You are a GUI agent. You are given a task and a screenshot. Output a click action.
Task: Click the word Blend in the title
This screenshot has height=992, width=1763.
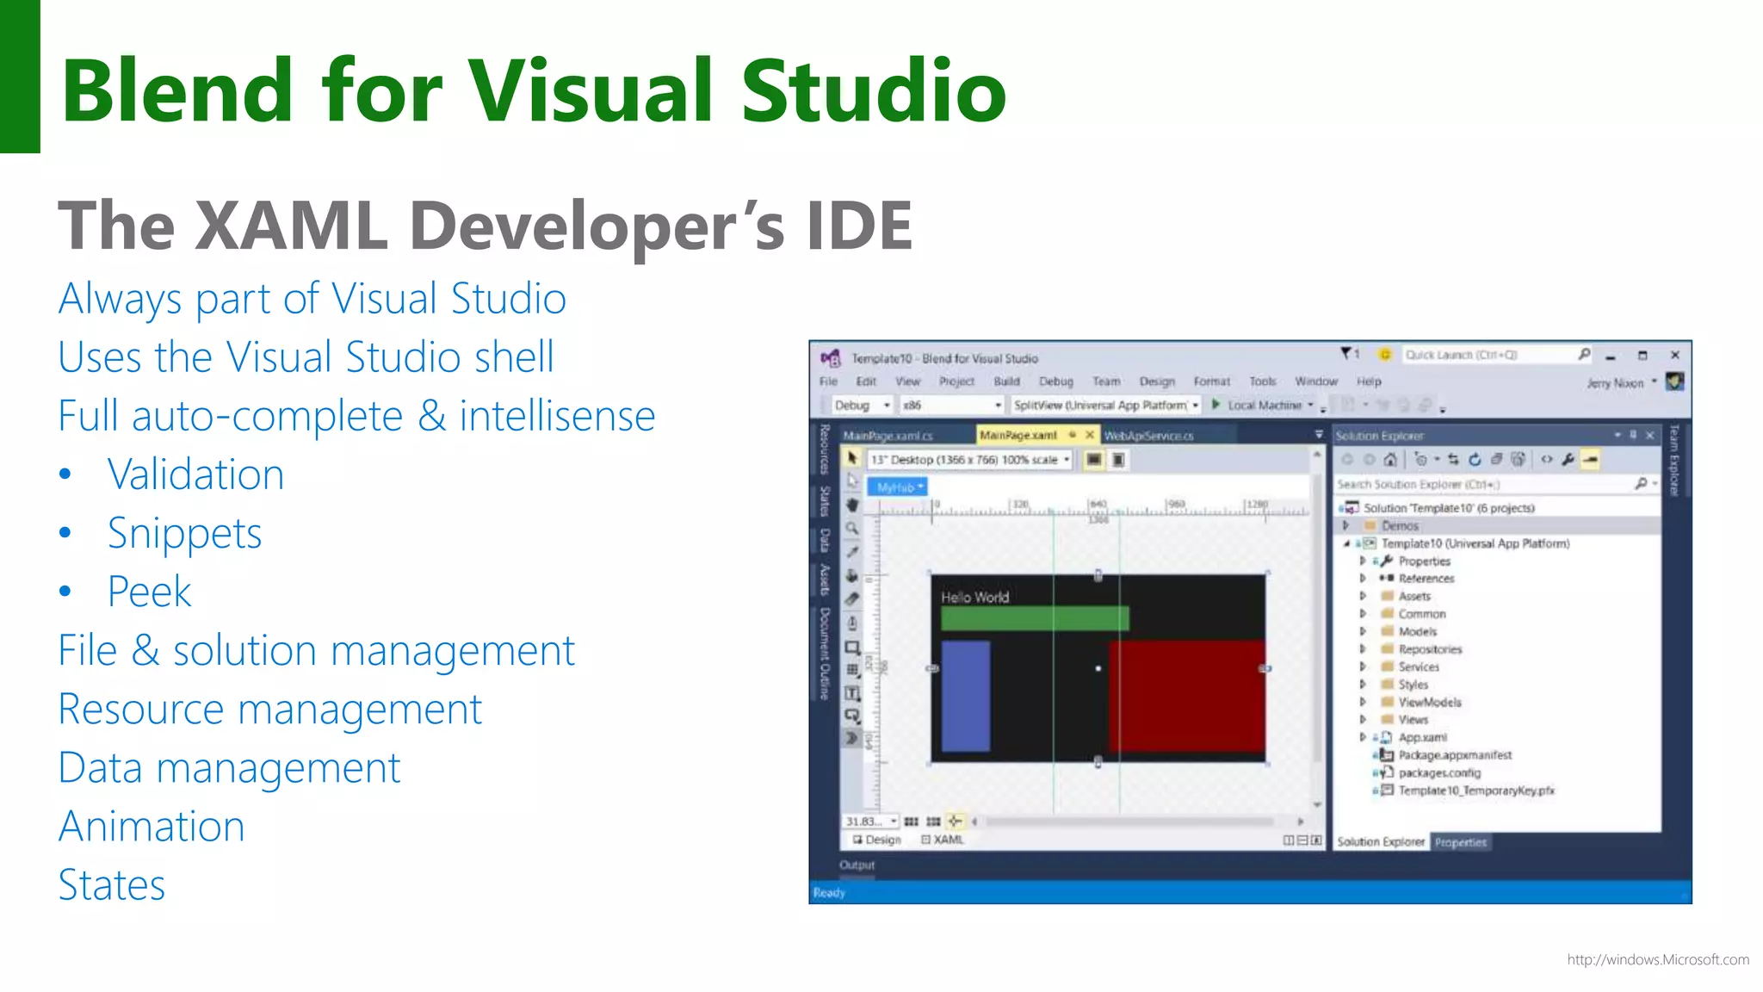coord(177,90)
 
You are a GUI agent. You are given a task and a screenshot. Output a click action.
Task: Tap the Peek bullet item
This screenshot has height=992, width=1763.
coord(149,592)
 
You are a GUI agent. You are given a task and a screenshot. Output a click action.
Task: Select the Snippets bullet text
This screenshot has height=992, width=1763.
coord(184,533)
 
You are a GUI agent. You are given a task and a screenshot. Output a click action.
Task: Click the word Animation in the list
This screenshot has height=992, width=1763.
coord(152,827)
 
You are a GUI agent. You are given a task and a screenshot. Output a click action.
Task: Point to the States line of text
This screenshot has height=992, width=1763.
coord(112,885)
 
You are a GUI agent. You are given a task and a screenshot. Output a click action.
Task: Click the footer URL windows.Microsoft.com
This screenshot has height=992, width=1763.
coord(1657,959)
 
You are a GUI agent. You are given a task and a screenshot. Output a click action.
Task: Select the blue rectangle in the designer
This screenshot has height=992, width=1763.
coord(965,696)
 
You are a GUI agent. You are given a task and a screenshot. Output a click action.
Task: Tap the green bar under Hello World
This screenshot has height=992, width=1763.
coord(1034,617)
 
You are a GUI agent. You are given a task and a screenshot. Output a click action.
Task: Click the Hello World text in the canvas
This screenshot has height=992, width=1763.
coord(974,597)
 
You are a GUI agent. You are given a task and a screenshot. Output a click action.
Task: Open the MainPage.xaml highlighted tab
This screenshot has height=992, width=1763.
coord(1018,436)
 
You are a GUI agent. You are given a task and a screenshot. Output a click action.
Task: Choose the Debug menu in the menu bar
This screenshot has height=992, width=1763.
coord(1055,381)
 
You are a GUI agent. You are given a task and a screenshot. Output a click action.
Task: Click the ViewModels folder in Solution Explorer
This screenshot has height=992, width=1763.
coord(1429,702)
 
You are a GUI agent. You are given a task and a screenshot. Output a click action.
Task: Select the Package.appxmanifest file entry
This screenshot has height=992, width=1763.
coord(1454,755)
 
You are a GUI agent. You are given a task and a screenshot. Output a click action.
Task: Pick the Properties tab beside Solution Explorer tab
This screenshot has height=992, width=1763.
coord(1460,842)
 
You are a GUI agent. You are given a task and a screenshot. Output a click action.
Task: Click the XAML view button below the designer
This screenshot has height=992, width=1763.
coord(947,840)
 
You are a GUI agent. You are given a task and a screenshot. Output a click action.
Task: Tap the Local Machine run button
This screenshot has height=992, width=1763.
coord(1262,405)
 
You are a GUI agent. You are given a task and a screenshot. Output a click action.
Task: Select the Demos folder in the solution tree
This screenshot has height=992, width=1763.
coord(1400,525)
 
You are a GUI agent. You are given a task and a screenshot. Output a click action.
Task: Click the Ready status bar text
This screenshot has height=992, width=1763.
coord(829,893)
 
